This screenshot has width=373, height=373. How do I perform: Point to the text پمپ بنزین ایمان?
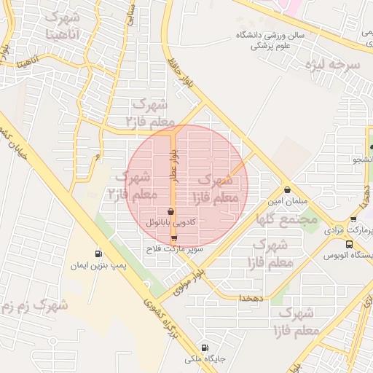coord(92,266)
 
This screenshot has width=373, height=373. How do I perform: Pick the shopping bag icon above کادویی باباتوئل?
coord(171,211)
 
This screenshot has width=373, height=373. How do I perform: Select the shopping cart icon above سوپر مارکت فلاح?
coord(173,239)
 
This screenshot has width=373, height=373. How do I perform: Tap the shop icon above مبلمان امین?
coord(288,189)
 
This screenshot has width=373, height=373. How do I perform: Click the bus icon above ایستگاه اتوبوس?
coord(350,245)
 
